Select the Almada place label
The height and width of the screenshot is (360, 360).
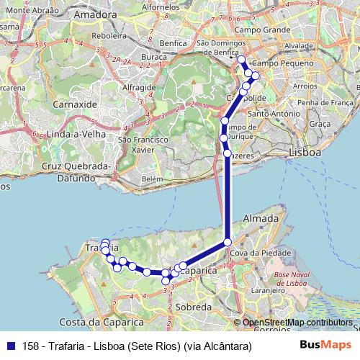click(261, 217)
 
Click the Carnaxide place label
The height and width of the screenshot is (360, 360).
click(76, 104)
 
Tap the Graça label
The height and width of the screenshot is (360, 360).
click(319, 124)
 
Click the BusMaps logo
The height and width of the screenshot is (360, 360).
click(325, 346)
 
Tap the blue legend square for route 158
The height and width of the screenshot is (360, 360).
click(11, 346)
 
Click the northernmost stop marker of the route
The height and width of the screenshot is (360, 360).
click(241, 60)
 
